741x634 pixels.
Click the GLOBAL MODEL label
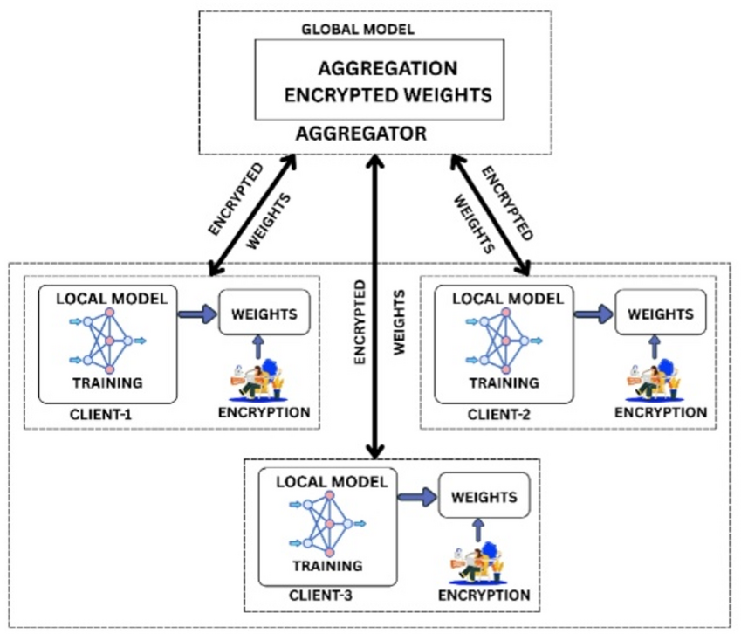(357, 29)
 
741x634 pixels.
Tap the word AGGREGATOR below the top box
(360, 134)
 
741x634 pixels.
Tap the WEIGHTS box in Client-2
(661, 313)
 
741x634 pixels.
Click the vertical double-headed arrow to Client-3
(375, 306)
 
